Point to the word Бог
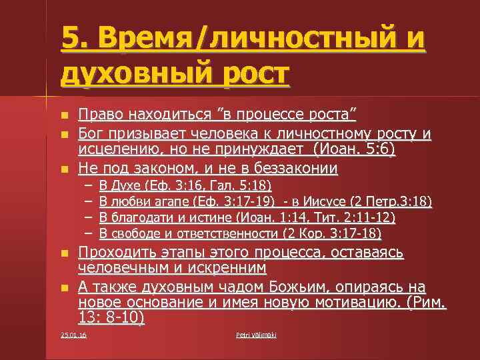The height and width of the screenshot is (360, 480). coord(90,135)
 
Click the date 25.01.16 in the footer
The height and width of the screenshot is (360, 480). coord(73,334)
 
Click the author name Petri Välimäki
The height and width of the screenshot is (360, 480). coord(256,334)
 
